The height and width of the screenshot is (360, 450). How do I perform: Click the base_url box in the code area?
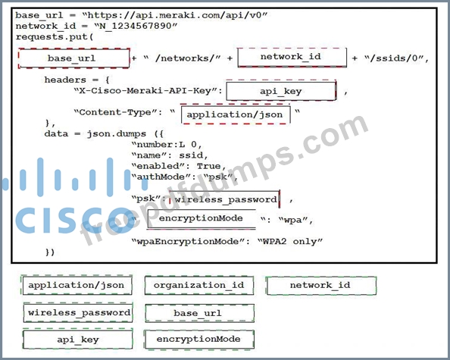coord(73,58)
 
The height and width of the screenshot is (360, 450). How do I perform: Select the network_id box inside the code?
coord(292,58)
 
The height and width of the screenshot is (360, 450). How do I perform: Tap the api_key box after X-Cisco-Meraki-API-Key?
coord(281,91)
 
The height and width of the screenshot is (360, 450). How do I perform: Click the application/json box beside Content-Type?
coord(236,114)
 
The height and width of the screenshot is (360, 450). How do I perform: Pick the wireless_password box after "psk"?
coord(225,199)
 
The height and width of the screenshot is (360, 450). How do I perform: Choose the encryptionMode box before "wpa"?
coord(202,219)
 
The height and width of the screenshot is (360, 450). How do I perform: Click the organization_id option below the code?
coord(199,286)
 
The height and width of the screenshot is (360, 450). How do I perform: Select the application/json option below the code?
coord(77,285)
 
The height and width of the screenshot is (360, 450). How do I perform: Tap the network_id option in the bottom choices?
coord(321,286)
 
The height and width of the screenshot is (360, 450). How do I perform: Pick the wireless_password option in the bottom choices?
coord(78,312)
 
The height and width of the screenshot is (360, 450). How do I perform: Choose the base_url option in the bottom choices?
coord(199,313)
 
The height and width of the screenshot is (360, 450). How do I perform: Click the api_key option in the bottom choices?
coord(78,340)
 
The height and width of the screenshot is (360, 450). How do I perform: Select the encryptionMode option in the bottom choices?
coord(199,340)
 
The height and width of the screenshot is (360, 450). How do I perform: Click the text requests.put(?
coord(55,37)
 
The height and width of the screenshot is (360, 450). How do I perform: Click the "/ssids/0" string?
coord(395,58)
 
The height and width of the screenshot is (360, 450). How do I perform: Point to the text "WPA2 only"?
coord(290,242)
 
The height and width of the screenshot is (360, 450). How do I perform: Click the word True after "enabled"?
coord(208,166)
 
